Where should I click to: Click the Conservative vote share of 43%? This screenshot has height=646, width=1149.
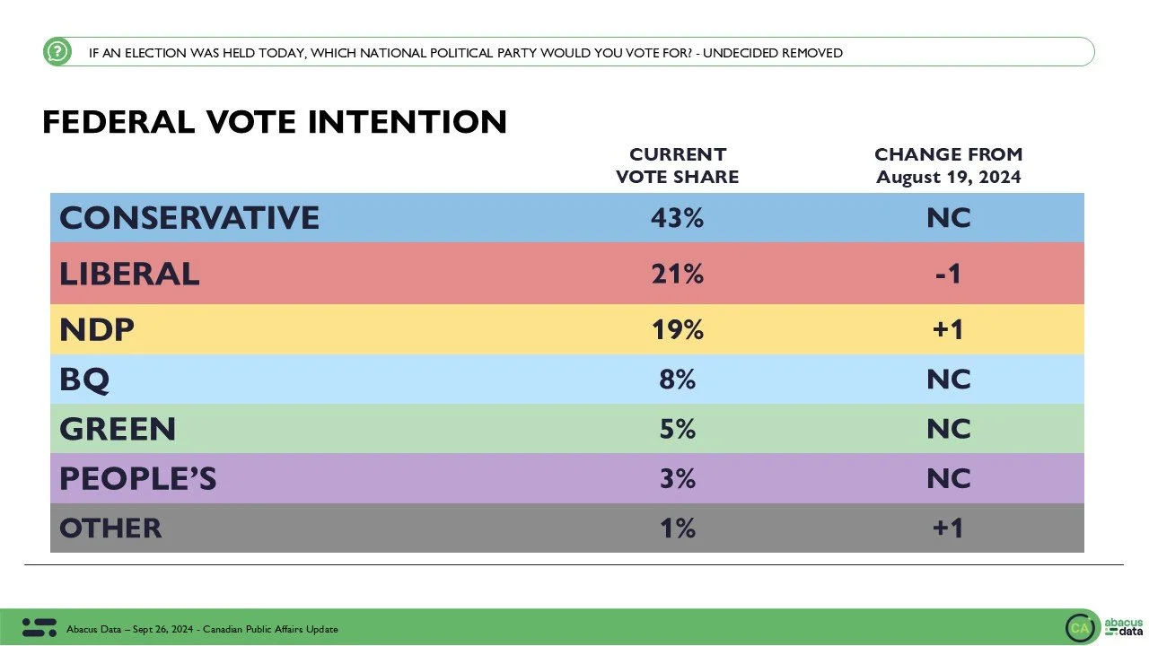tap(677, 218)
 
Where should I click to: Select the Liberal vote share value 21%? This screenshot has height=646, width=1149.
tap(677, 274)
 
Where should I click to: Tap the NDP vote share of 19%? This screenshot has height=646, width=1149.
tap(677, 329)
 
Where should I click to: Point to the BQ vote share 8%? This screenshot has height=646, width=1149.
tap(677, 380)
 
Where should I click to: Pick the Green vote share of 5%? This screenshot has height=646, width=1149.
tap(677, 429)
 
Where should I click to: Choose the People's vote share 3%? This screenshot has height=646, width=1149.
tap(677, 478)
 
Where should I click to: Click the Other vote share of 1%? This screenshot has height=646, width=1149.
tap(677, 528)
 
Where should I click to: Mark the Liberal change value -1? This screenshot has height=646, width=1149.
tap(948, 274)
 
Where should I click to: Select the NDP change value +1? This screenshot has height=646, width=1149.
tap(948, 329)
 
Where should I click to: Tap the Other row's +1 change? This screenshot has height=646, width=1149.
tap(948, 528)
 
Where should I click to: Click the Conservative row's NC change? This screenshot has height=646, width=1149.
tap(948, 218)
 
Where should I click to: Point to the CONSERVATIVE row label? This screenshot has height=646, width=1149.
tap(189, 218)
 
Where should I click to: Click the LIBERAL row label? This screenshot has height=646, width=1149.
tap(129, 274)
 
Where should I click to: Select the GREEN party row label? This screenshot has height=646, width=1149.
tap(118, 429)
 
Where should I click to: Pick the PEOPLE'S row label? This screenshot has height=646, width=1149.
tap(138, 478)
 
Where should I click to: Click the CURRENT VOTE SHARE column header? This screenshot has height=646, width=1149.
tap(677, 166)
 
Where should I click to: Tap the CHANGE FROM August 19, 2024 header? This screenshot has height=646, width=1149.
tap(948, 166)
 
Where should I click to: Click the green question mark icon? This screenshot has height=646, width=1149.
tap(57, 52)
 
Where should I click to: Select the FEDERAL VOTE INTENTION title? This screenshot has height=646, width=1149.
tap(275, 122)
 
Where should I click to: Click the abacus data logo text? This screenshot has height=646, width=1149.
tap(1122, 626)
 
